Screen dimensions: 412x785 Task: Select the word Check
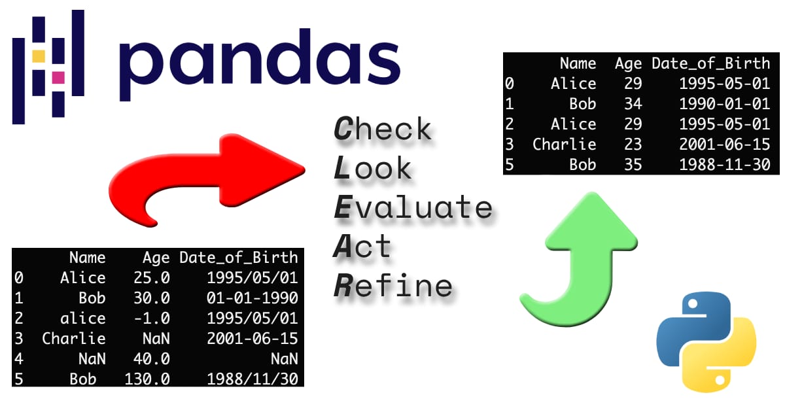click(x=383, y=129)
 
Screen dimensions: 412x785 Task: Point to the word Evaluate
click(x=412, y=207)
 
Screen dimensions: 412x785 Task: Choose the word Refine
click(x=392, y=286)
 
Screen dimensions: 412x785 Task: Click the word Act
click(x=362, y=247)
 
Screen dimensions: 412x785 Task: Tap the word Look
click(x=373, y=168)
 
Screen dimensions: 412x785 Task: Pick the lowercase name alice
click(x=83, y=318)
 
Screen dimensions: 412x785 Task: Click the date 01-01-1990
click(x=252, y=298)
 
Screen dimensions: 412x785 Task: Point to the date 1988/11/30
click(x=252, y=379)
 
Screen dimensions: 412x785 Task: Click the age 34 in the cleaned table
click(x=633, y=103)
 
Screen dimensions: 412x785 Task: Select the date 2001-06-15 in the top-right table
click(x=725, y=144)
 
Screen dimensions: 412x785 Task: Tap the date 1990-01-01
click(x=725, y=103)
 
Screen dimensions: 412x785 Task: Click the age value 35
click(x=633, y=164)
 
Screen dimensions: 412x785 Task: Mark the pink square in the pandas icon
click(x=58, y=77)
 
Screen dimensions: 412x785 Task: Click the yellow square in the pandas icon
click(x=39, y=56)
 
